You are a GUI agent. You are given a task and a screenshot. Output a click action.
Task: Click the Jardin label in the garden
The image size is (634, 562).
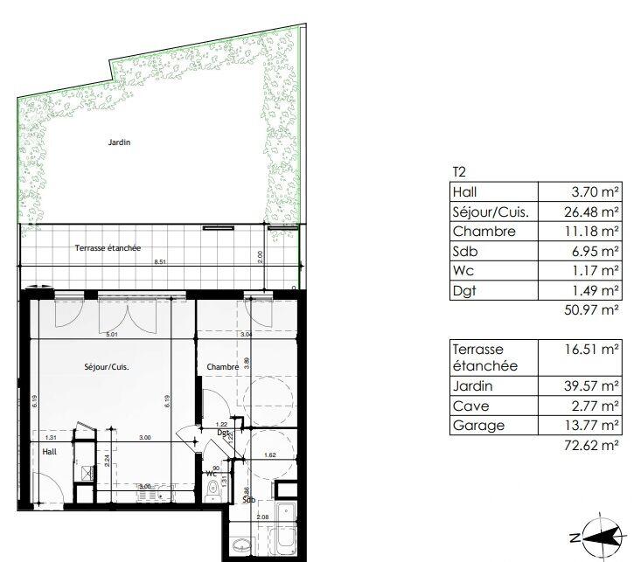coord(119,142)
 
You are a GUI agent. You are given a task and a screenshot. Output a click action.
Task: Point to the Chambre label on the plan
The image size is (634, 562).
coord(223,367)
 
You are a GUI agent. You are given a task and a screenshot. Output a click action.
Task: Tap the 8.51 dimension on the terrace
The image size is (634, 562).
coord(159,262)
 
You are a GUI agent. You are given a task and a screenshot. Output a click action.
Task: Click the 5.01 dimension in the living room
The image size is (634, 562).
coord(112,334)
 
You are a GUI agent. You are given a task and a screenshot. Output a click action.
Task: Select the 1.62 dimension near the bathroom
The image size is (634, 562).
coord(269,456)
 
